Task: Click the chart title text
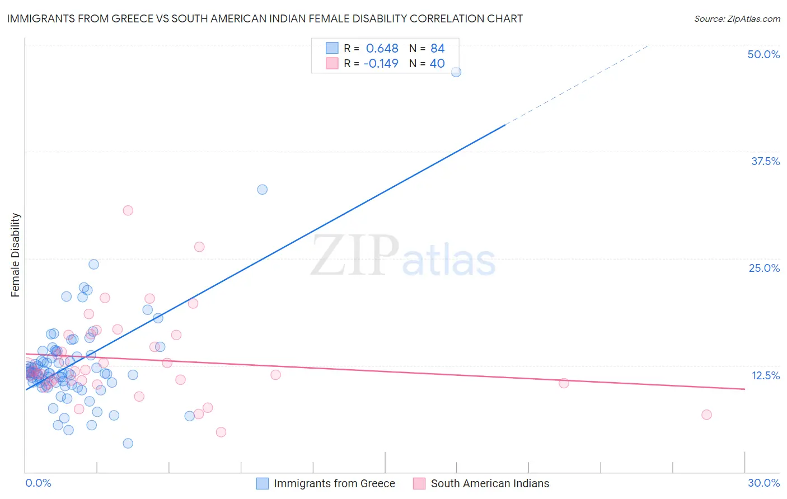tap(265, 19)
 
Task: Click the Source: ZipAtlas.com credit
tap(737, 19)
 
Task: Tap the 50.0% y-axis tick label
tap(763, 54)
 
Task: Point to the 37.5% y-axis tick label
tap(765, 161)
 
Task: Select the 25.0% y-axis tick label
tap(764, 268)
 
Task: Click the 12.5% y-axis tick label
tap(765, 375)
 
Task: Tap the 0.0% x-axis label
tap(38, 483)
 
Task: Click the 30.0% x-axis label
tap(763, 483)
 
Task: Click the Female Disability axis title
tap(16, 255)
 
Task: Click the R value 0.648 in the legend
tap(382, 49)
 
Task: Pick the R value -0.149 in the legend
tap(381, 64)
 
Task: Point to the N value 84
tap(437, 49)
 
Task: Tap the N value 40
tap(437, 64)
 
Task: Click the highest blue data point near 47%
tap(456, 72)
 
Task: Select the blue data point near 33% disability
tap(262, 190)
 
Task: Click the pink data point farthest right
tap(706, 415)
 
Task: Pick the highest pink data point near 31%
tap(128, 210)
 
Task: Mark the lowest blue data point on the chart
tap(128, 443)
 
